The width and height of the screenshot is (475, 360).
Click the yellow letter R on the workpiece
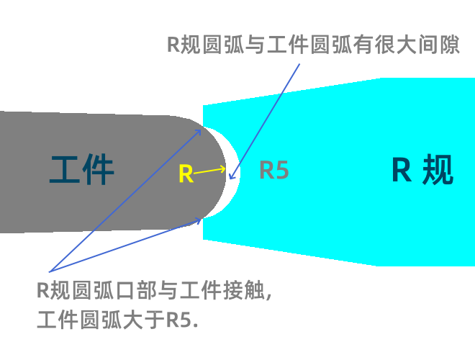[x=186, y=174]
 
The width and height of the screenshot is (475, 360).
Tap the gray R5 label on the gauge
[x=274, y=171]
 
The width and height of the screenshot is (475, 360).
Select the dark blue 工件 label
[x=82, y=171]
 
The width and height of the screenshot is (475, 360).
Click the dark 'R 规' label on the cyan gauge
[x=422, y=171]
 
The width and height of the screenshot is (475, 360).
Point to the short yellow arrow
[x=209, y=171]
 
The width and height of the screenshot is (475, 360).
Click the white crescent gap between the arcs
[x=235, y=173]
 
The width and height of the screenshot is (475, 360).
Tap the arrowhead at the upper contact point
[x=199, y=131]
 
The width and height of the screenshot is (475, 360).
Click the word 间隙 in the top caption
[x=439, y=45]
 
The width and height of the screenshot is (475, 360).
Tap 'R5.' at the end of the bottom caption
[x=183, y=319]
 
